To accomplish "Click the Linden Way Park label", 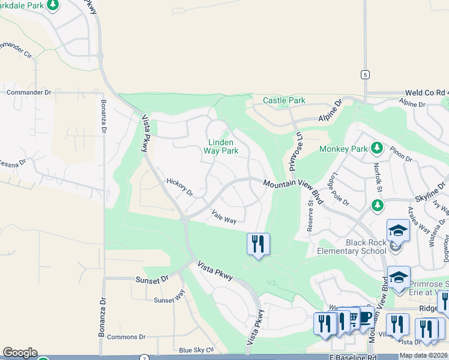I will click(x=223, y=146).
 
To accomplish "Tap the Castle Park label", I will click(x=284, y=101).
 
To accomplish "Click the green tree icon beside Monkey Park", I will click(x=376, y=148).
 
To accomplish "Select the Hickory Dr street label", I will click(x=179, y=187).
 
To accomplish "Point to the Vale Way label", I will click(x=224, y=217).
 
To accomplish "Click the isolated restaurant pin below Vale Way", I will click(x=258, y=244).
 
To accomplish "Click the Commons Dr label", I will click(x=126, y=337).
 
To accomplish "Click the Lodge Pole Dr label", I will click(x=339, y=190).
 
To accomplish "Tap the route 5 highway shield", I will click(x=364, y=74).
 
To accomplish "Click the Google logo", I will click(x=20, y=353).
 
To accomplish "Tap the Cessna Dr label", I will click(x=13, y=163).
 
